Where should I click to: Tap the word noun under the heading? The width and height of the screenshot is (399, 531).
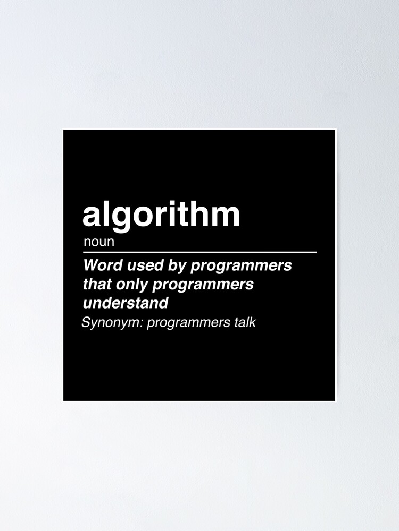[x=99, y=243]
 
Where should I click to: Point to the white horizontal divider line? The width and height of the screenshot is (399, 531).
[x=199, y=252]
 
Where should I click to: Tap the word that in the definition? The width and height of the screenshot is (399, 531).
[x=97, y=284]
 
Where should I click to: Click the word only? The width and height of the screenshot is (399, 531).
[x=131, y=285]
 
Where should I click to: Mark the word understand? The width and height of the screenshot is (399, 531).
[x=126, y=303]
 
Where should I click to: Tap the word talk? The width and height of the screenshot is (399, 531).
[x=244, y=322]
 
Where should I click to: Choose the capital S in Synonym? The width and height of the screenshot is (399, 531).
[x=86, y=322]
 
